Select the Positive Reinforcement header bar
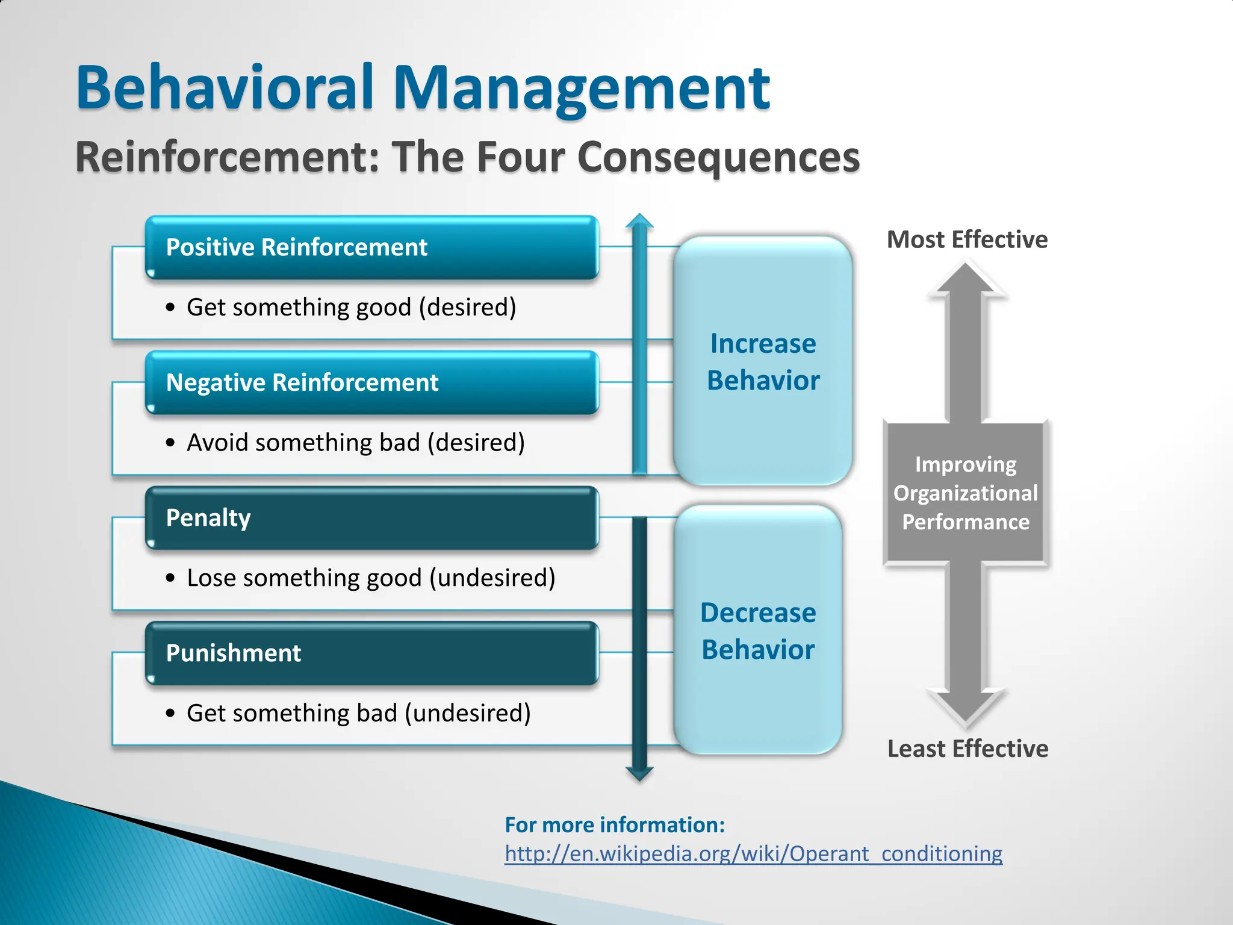(371, 248)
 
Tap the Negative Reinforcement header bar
(371, 383)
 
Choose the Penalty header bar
(371, 519)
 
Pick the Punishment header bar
(371, 653)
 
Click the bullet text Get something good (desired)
(351, 307)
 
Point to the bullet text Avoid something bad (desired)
(355, 443)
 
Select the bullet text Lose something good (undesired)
(371, 578)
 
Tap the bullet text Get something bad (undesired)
(358, 713)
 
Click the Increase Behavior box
(763, 361)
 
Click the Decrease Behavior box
(758, 631)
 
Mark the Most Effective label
(967, 240)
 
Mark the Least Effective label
(967, 749)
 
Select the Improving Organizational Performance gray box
(965, 493)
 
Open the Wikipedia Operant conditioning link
(753, 854)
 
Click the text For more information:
(615, 825)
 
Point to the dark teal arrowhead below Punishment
(639, 773)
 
